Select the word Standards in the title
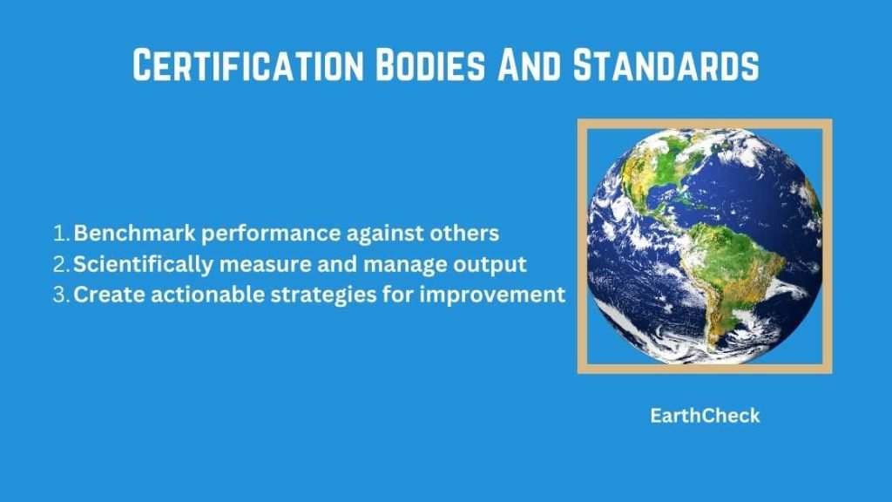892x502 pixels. click(663, 65)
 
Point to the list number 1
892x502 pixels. click(60, 234)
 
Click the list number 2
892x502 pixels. click(61, 264)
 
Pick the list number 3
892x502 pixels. click(61, 295)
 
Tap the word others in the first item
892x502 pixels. click(467, 234)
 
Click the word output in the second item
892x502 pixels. click(496, 264)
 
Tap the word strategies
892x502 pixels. click(287, 295)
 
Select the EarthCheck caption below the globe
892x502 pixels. click(705, 416)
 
